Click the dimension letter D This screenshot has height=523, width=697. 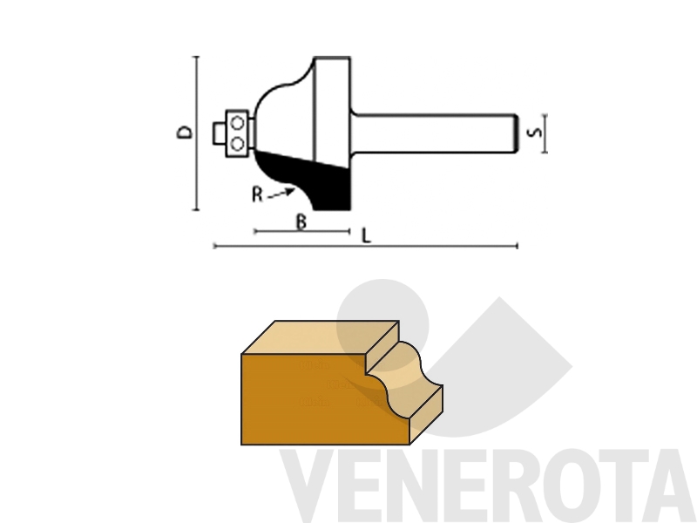[x=186, y=132]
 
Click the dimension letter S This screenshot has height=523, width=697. [x=534, y=132]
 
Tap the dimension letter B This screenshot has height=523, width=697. [x=301, y=221]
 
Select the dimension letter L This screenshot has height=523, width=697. [x=366, y=235]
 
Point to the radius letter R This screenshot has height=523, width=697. [x=257, y=194]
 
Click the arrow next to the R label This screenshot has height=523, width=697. [x=281, y=194]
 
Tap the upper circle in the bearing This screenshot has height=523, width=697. [x=238, y=123]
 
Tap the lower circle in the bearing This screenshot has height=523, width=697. [x=238, y=144]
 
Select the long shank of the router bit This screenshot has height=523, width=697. [x=433, y=133]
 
